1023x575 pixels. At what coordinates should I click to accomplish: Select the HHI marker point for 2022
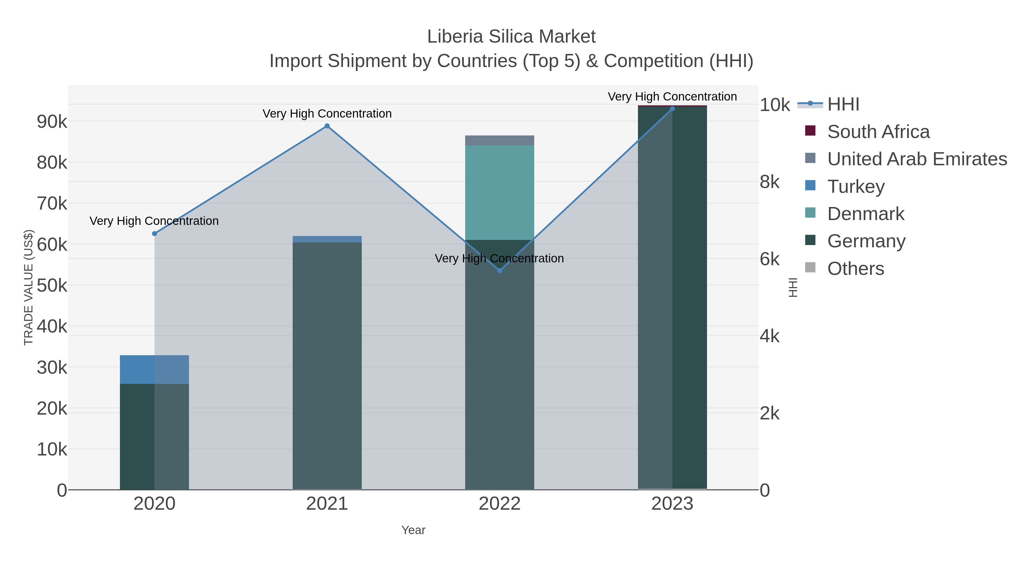coord(500,271)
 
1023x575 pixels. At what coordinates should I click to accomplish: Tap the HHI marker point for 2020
coord(155,234)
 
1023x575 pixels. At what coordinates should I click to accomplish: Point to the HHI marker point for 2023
coord(672,109)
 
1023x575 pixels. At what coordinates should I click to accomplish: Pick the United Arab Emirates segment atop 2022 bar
coord(500,141)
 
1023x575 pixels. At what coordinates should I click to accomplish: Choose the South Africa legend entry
coord(878,132)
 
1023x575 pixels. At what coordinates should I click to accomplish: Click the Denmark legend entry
coord(865,214)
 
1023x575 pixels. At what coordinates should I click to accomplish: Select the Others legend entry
coord(855,269)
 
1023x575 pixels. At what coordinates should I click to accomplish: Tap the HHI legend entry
coord(843,104)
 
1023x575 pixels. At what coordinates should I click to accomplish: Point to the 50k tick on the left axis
coord(52,285)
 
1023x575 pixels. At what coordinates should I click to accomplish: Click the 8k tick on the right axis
coord(769,182)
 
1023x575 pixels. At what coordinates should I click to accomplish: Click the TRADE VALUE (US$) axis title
coord(29,287)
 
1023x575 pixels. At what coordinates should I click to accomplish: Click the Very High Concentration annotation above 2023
coord(672,97)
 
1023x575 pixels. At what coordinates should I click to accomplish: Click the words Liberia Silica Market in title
coord(511,37)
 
